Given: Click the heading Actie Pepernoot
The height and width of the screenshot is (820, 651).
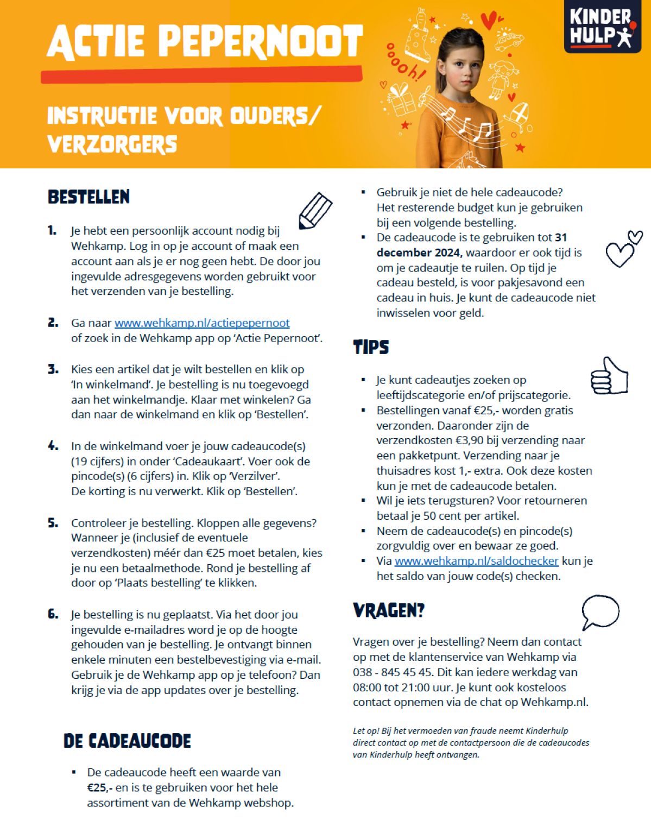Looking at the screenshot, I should (205, 42).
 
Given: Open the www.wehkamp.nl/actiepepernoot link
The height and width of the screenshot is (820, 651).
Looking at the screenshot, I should (202, 323).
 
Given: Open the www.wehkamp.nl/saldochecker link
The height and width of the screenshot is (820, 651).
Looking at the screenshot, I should (476, 561).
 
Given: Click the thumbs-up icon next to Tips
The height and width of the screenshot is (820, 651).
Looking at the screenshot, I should (609, 376).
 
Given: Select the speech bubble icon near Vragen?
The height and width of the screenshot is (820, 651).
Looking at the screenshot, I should (600, 612).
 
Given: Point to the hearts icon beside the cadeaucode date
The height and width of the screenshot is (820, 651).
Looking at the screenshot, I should (623, 249).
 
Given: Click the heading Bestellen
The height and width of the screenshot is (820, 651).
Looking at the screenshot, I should (89, 197).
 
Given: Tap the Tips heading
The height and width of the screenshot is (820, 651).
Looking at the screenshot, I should (371, 348).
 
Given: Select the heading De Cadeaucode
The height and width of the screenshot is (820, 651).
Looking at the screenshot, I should (127, 741).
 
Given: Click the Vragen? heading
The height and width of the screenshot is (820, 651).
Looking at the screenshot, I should (388, 611).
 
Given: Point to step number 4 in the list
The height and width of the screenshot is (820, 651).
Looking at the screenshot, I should (53, 446).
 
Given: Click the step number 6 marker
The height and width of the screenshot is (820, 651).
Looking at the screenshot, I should (53, 615).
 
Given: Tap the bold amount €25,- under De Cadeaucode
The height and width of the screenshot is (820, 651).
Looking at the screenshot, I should (99, 787).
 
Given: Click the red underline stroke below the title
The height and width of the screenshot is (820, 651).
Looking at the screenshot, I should (201, 75).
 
